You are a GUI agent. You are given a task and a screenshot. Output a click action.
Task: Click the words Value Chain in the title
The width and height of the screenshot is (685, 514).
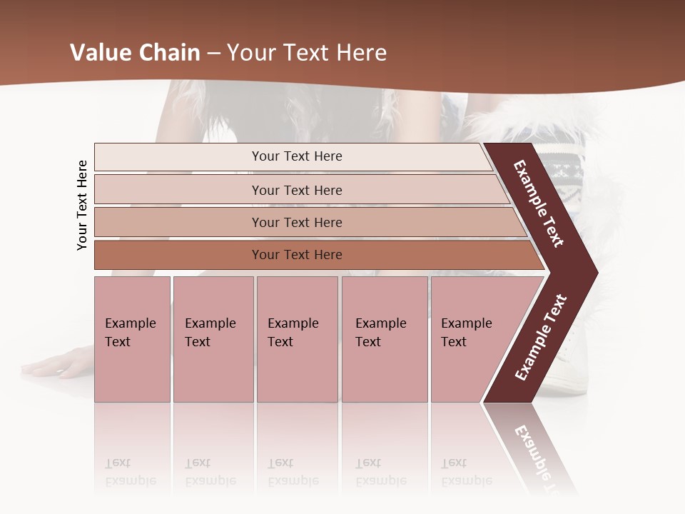pyautogui.click(x=135, y=53)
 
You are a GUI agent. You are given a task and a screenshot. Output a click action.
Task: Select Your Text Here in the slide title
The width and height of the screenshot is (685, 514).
pyautogui.click(x=307, y=53)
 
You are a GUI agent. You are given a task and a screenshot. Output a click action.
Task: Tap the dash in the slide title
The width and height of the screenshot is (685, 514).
pyautogui.click(x=213, y=54)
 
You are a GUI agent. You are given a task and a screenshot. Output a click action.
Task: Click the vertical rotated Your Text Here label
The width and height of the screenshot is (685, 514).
pyautogui.click(x=82, y=205)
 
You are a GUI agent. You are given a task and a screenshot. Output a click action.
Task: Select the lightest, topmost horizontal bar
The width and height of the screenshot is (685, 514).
pyautogui.click(x=297, y=156)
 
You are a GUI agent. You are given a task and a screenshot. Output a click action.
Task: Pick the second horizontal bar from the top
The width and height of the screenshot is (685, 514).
pyautogui.click(x=297, y=190)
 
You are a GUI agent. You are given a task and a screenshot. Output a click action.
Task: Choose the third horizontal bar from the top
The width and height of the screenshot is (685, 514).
pyautogui.click(x=297, y=222)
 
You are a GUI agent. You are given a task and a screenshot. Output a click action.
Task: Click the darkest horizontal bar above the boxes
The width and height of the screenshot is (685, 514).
pyautogui.click(x=297, y=255)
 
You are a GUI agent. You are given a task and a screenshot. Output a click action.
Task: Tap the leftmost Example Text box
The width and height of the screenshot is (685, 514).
pyautogui.click(x=132, y=338)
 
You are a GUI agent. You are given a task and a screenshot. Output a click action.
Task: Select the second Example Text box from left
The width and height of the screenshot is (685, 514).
pyautogui.click(x=213, y=338)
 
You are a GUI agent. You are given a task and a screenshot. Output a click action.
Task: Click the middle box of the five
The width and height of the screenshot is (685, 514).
pyautogui.click(x=297, y=338)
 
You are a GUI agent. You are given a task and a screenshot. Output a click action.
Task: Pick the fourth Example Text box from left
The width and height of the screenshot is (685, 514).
pyautogui.click(x=384, y=338)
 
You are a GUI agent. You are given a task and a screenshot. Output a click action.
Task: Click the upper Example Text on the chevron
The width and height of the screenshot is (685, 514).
pyautogui.click(x=539, y=203)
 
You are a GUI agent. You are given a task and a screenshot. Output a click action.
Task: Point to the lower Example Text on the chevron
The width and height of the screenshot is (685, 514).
pyautogui.click(x=541, y=337)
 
